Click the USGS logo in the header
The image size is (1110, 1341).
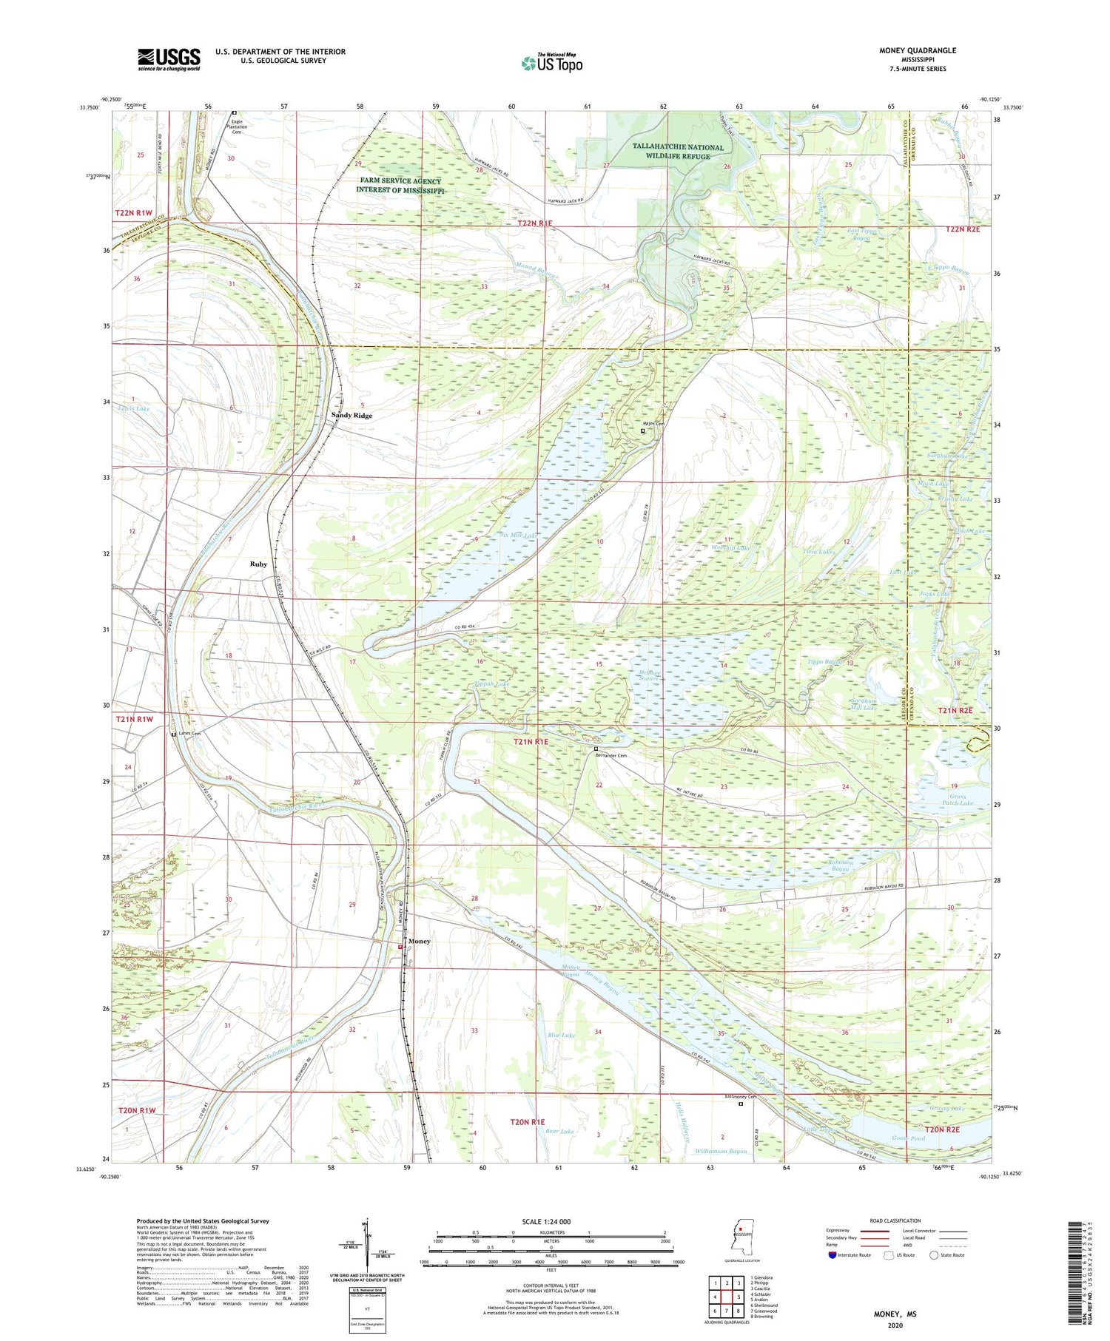click(x=169, y=59)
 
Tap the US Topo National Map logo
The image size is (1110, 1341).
click(x=551, y=63)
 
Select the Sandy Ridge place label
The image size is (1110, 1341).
click(x=351, y=416)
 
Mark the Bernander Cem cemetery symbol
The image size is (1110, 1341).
click(x=596, y=749)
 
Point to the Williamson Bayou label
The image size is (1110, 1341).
click(x=721, y=1152)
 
